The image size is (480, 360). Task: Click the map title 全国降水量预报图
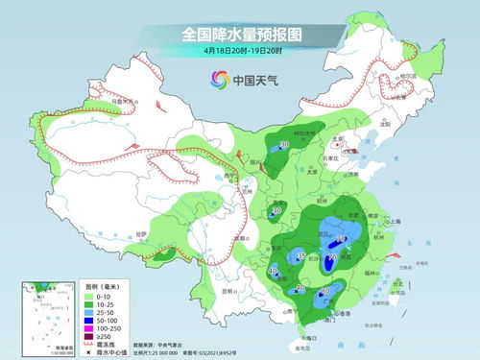click(x=239, y=35)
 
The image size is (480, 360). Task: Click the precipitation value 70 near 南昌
click(x=332, y=257)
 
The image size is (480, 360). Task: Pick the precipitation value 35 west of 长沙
click(x=301, y=256)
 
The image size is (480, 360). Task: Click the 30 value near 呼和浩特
click(x=285, y=146)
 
